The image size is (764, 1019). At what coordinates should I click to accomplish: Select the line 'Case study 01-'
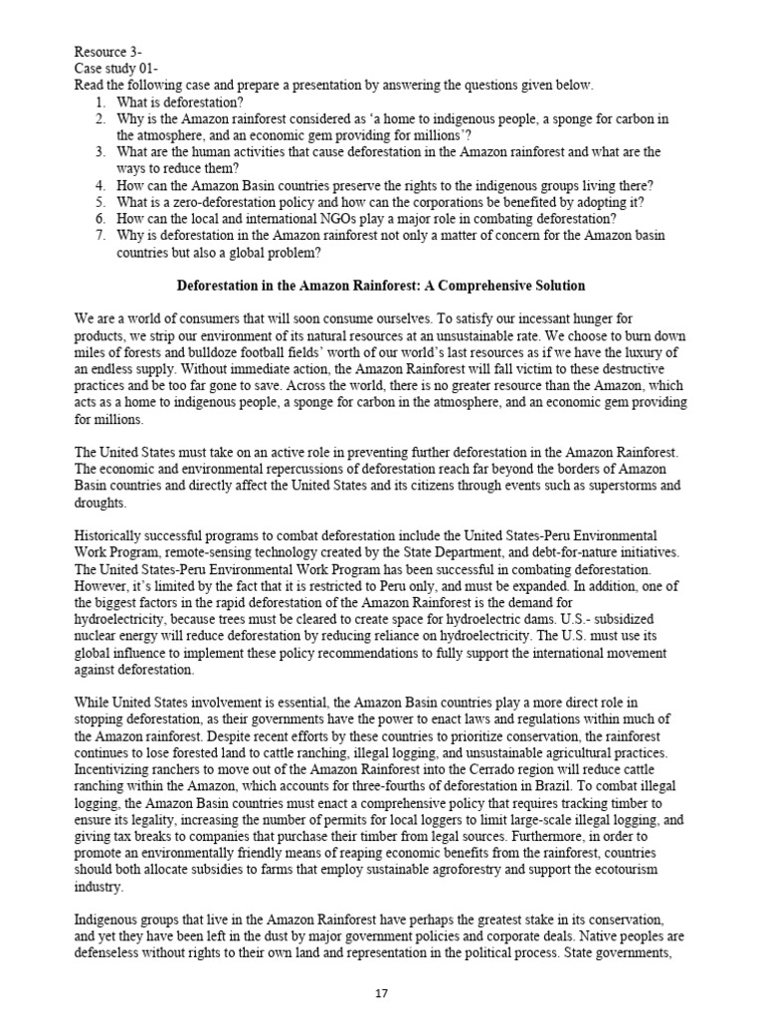click(x=116, y=69)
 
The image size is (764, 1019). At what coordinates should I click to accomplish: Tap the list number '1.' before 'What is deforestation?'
click(x=102, y=102)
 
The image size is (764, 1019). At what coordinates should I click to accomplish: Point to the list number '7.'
click(x=102, y=237)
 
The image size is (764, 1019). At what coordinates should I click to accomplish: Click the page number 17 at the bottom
click(x=381, y=997)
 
